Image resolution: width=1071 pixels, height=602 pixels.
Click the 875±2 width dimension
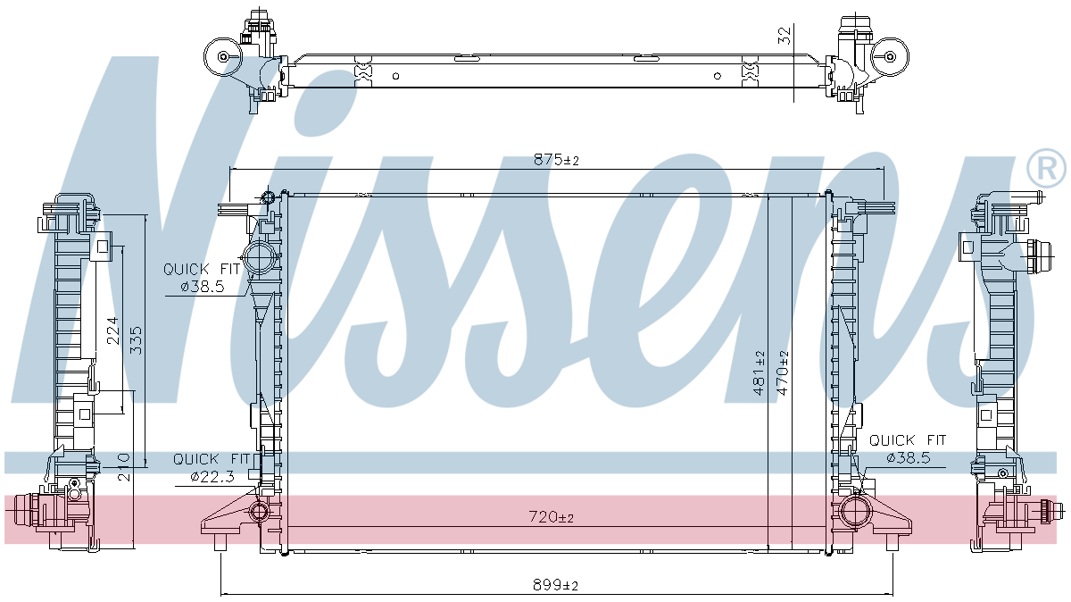point(557,160)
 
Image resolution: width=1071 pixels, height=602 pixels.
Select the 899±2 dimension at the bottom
point(557,585)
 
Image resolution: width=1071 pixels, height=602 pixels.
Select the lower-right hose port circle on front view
point(853,513)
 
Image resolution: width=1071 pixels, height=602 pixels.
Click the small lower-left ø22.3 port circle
point(260,512)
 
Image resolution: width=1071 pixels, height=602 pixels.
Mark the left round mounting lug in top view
point(222,58)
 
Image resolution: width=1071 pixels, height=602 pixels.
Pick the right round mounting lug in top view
point(889,56)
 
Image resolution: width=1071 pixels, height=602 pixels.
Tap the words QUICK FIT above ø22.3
point(212,459)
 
